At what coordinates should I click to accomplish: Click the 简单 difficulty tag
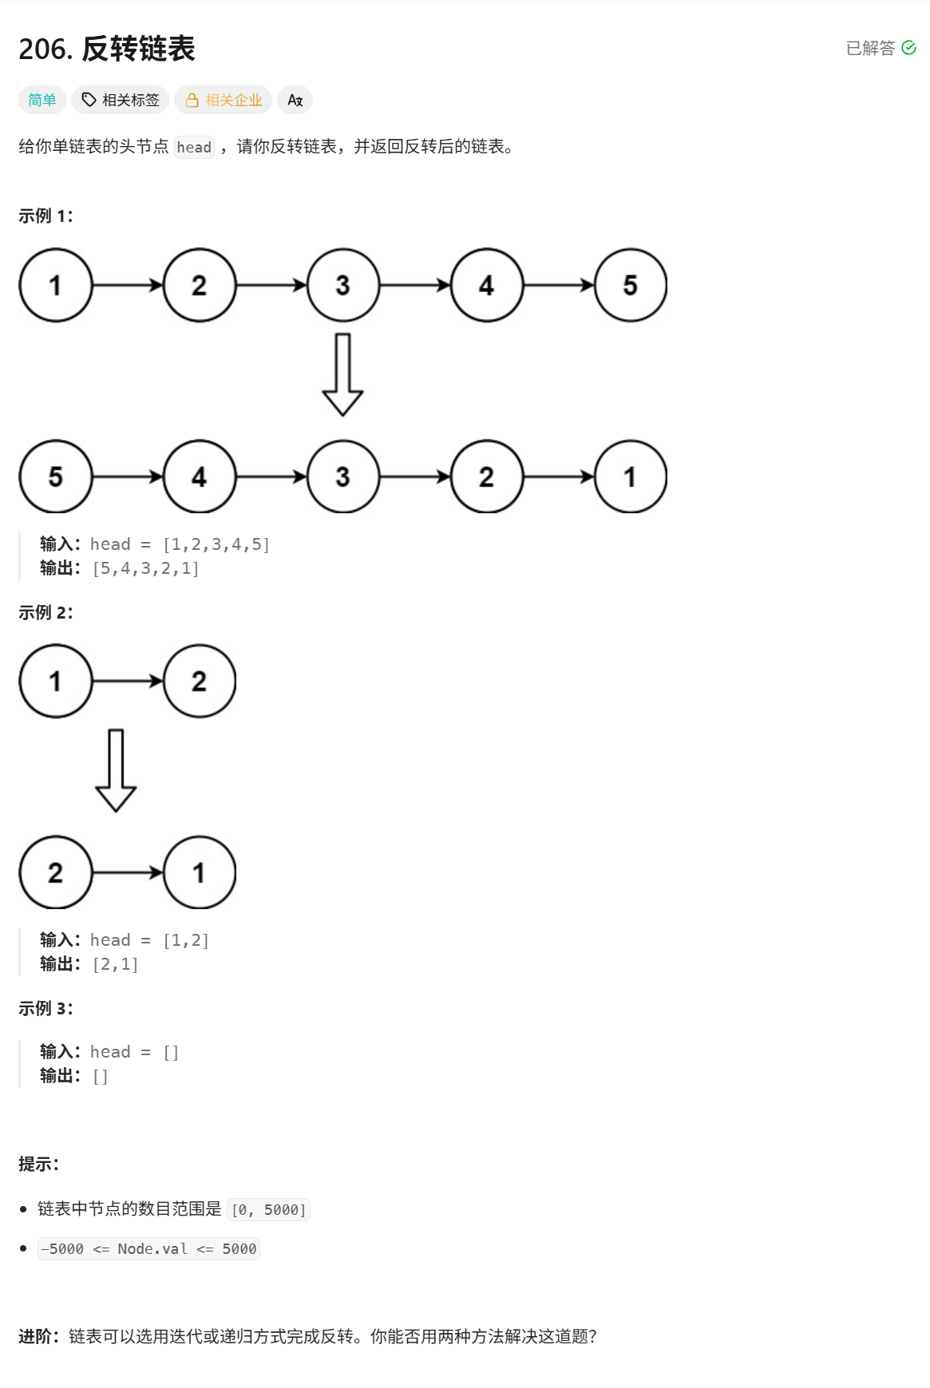click(x=42, y=100)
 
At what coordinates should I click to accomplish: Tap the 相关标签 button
click(x=120, y=100)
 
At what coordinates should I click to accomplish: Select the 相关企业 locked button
click(x=223, y=100)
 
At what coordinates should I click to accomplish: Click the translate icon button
click(x=295, y=100)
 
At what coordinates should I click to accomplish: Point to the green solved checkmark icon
click(x=908, y=48)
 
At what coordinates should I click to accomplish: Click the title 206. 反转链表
click(x=107, y=49)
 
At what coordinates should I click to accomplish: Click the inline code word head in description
click(x=194, y=147)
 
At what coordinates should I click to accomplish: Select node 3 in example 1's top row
click(x=343, y=285)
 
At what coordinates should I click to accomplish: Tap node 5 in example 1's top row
click(x=631, y=285)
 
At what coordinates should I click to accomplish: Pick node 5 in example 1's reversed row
click(x=56, y=477)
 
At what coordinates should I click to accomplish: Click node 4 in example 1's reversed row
click(x=200, y=477)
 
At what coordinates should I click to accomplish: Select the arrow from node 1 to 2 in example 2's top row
click(x=128, y=681)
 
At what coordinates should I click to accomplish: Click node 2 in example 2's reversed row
click(x=56, y=872)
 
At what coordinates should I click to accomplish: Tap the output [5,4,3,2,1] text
click(x=146, y=568)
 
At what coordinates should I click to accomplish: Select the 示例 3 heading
click(x=46, y=1008)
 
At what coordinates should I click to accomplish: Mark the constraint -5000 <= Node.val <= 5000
click(x=149, y=1248)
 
